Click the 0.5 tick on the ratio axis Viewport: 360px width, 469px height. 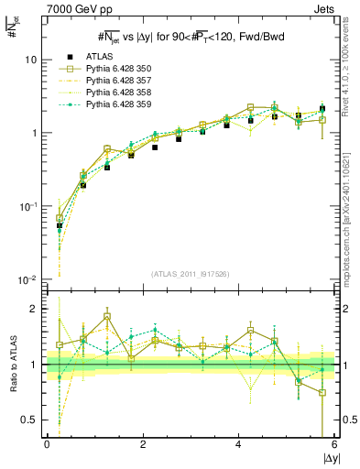click(30, 420)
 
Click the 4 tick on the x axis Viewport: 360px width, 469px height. click(239, 444)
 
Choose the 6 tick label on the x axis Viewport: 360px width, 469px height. click(335, 444)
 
